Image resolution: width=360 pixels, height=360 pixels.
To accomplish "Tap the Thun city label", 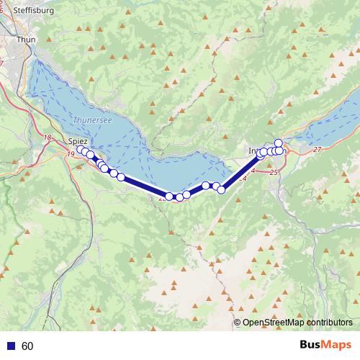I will pyautogui.click(x=25, y=40).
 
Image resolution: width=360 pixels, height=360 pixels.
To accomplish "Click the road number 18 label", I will pyautogui.click(x=48, y=138).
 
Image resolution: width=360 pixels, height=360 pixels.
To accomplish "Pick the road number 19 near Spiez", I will pyautogui.click(x=71, y=154).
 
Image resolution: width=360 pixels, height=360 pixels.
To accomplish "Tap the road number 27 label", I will pyautogui.click(x=318, y=150).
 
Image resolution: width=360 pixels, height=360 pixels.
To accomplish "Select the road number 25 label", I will pyautogui.click(x=273, y=173).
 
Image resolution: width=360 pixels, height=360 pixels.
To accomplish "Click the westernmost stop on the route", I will pyautogui.click(x=80, y=149).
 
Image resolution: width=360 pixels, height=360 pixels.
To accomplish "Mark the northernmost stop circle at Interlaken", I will pyautogui.click(x=279, y=143).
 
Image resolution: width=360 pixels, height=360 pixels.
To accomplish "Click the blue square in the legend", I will pyautogui.click(x=12, y=346).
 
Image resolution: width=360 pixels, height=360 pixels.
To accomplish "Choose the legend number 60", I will pyautogui.click(x=28, y=346).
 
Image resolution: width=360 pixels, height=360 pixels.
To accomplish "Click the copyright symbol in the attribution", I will pyautogui.click(x=238, y=323).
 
